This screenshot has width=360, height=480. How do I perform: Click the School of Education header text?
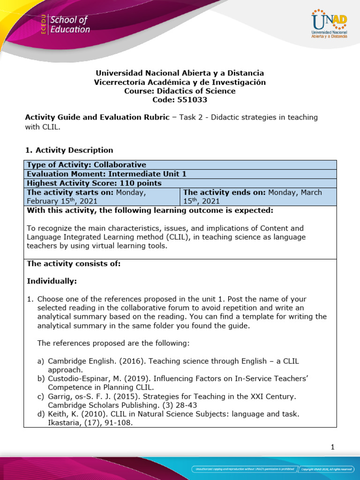(69, 25)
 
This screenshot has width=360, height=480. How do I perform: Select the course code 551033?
(180, 99)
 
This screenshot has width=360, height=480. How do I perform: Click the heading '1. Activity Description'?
(69, 150)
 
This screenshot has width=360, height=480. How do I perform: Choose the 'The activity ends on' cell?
(258, 196)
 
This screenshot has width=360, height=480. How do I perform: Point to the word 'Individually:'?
(52, 281)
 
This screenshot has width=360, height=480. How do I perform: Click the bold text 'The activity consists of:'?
(74, 264)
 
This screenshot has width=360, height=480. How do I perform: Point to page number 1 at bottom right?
(332, 447)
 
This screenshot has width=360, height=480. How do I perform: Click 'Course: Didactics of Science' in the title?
(180, 91)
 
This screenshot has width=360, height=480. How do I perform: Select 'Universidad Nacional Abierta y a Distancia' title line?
(180, 73)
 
